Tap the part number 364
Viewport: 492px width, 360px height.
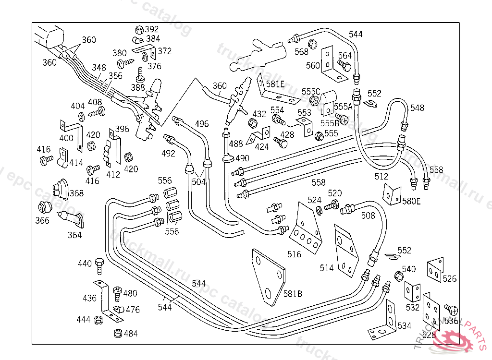pos(74,235)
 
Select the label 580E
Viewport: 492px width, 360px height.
pos(411,201)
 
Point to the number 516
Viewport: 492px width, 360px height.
pos(294,254)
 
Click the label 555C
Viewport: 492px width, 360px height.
pos(311,91)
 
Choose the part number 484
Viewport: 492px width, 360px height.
pos(131,333)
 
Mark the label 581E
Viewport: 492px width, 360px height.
pos(275,84)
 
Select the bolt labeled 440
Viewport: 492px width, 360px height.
pos(99,264)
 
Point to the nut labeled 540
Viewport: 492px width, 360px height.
pos(398,276)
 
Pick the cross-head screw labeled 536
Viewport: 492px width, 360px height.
pos(451,309)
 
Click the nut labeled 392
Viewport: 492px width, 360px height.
pos(138,30)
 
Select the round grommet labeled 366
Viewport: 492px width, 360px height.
pos(45,208)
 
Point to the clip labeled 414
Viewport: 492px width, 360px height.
pos(62,157)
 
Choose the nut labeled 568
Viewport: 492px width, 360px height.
pos(311,44)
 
